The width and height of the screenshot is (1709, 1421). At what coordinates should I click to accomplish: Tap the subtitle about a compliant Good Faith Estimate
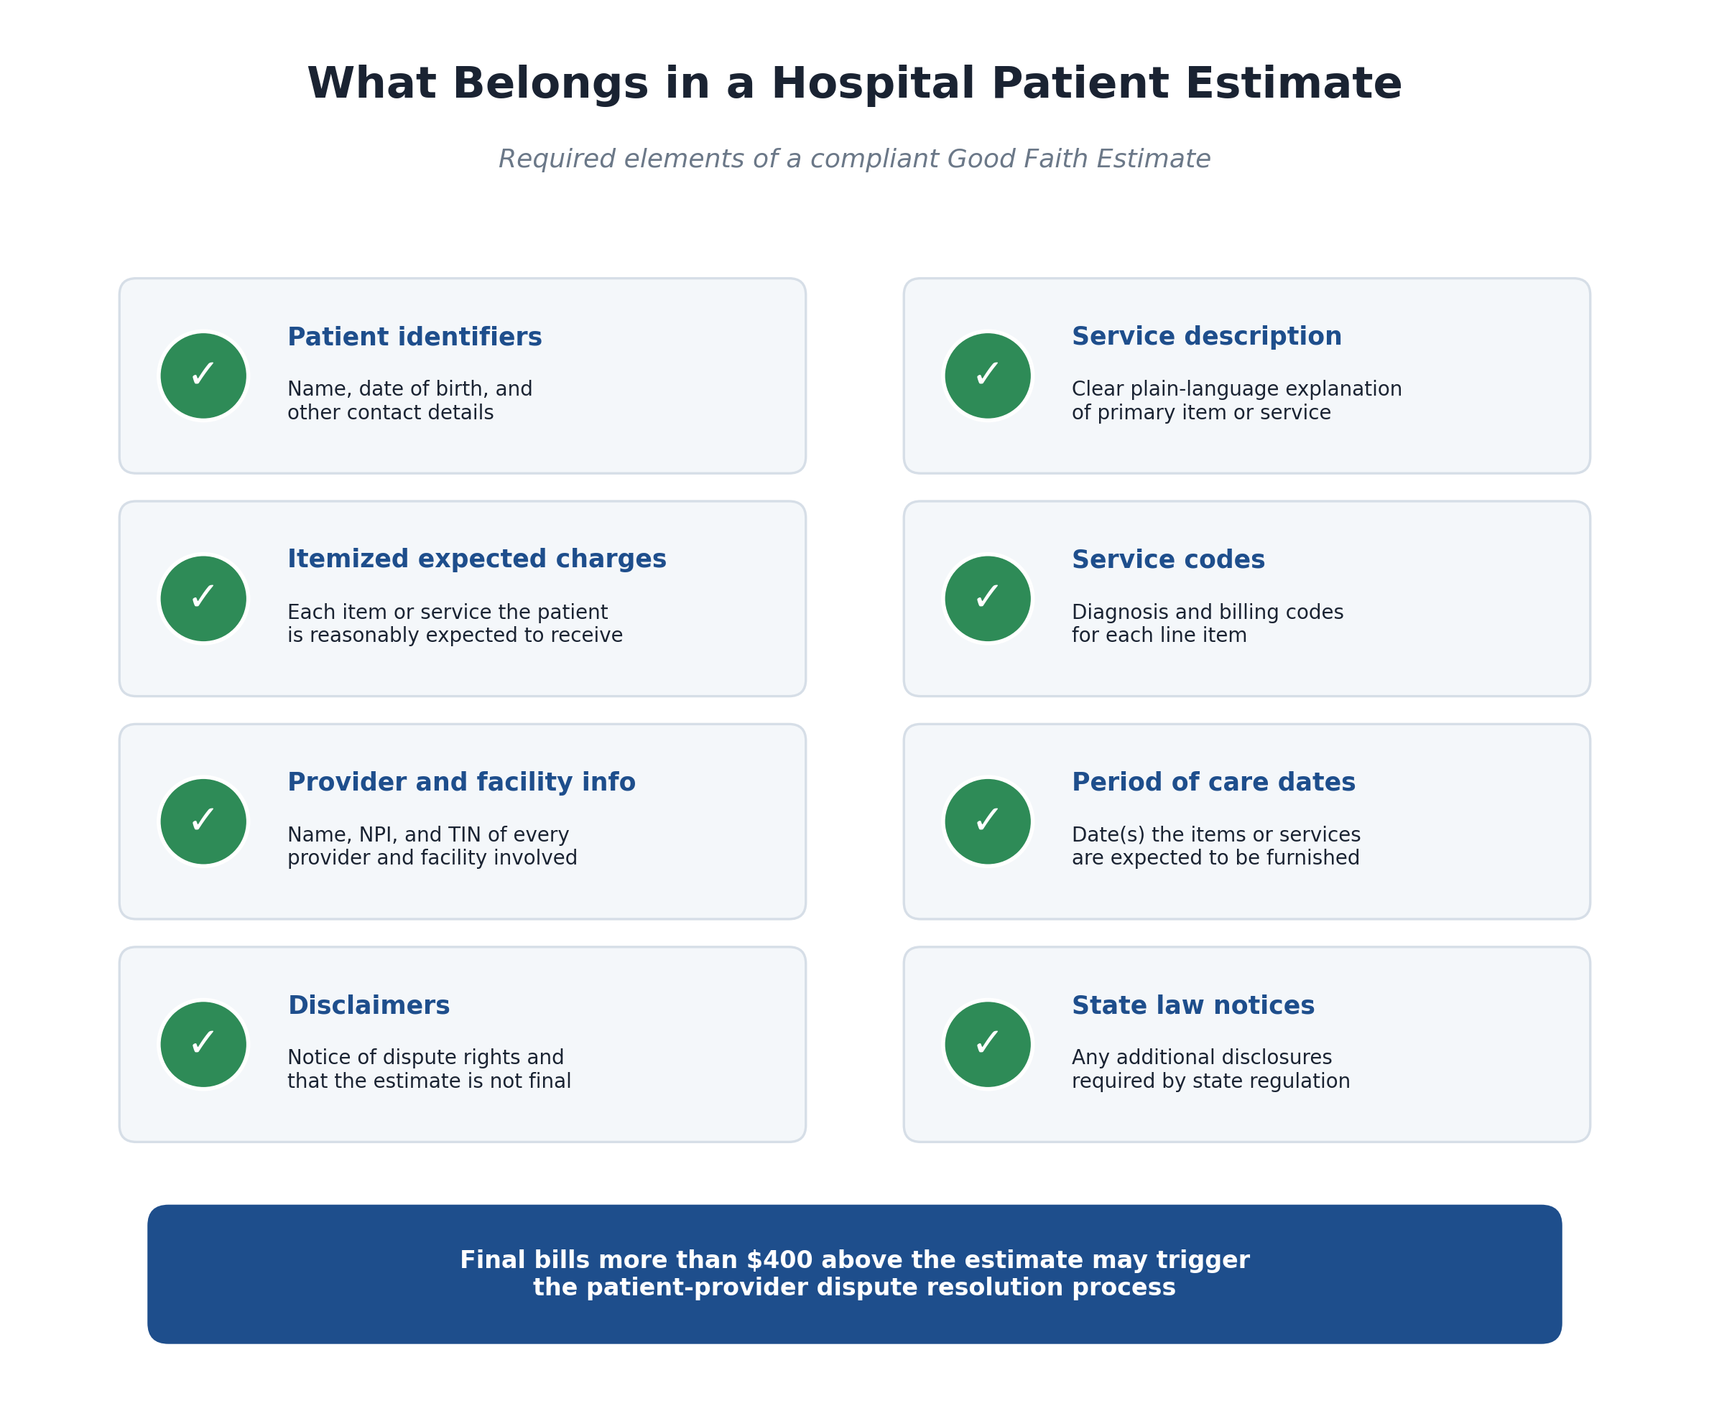tap(855, 159)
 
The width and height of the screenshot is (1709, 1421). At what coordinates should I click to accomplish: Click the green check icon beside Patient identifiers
tap(203, 376)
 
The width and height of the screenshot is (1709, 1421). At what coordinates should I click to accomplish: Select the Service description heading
tap(1206, 337)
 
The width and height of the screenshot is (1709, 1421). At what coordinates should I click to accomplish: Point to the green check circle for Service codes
tap(987, 599)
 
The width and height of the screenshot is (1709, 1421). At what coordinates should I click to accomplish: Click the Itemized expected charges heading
tap(477, 559)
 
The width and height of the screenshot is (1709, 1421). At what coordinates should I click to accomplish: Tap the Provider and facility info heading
tap(461, 783)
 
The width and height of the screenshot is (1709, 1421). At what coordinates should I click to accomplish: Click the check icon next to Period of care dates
tap(987, 821)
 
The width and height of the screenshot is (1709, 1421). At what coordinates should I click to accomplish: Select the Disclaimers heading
tap(369, 1006)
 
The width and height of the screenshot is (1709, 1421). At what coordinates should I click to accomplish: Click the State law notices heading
tap(1193, 1006)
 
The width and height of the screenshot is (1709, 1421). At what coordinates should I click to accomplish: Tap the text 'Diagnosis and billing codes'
tap(1208, 612)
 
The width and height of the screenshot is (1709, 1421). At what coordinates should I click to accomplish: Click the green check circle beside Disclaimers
tap(203, 1045)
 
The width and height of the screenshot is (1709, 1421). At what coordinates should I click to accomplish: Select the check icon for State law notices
tap(987, 1045)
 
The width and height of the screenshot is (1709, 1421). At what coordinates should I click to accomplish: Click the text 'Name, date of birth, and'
tap(410, 390)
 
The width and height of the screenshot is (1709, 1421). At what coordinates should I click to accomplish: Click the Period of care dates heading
tap(1213, 783)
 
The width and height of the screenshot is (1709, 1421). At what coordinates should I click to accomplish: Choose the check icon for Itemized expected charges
tap(203, 599)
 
